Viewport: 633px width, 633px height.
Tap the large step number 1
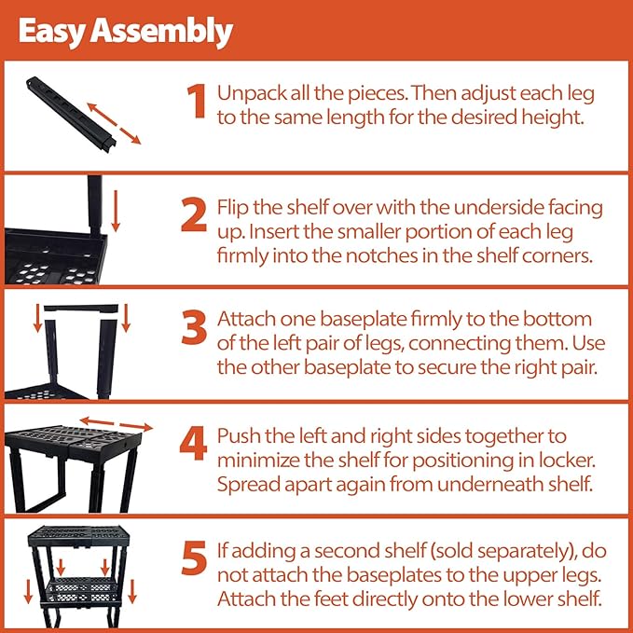[197, 101]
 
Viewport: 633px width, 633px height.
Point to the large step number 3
[194, 327]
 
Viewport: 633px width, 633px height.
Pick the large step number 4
[193, 444]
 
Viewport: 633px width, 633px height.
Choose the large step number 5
[194, 558]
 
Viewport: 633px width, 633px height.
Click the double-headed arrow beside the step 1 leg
[115, 124]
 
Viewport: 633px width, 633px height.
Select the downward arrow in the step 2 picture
[116, 211]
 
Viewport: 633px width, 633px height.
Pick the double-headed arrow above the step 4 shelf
[116, 424]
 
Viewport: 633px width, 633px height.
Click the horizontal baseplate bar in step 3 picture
[81, 309]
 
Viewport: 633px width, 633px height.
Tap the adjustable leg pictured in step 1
[71, 115]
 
